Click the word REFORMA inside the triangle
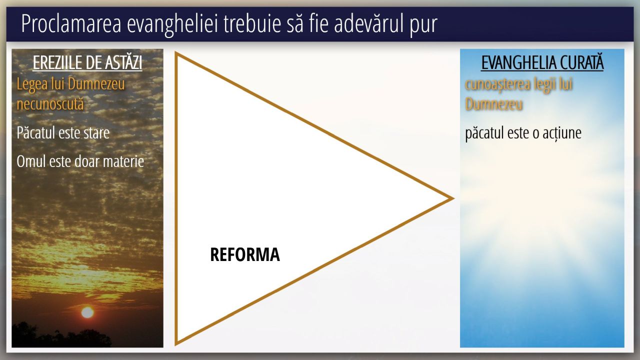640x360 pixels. point(245,254)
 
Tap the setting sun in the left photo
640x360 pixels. point(87,312)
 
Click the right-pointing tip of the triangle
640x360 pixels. point(453,198)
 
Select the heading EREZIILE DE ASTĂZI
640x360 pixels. point(87,62)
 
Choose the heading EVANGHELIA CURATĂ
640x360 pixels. point(542,62)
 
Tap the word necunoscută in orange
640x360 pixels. point(50,103)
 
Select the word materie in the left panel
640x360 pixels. point(123,161)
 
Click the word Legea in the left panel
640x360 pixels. point(32,85)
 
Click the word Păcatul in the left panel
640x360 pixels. point(36,132)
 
